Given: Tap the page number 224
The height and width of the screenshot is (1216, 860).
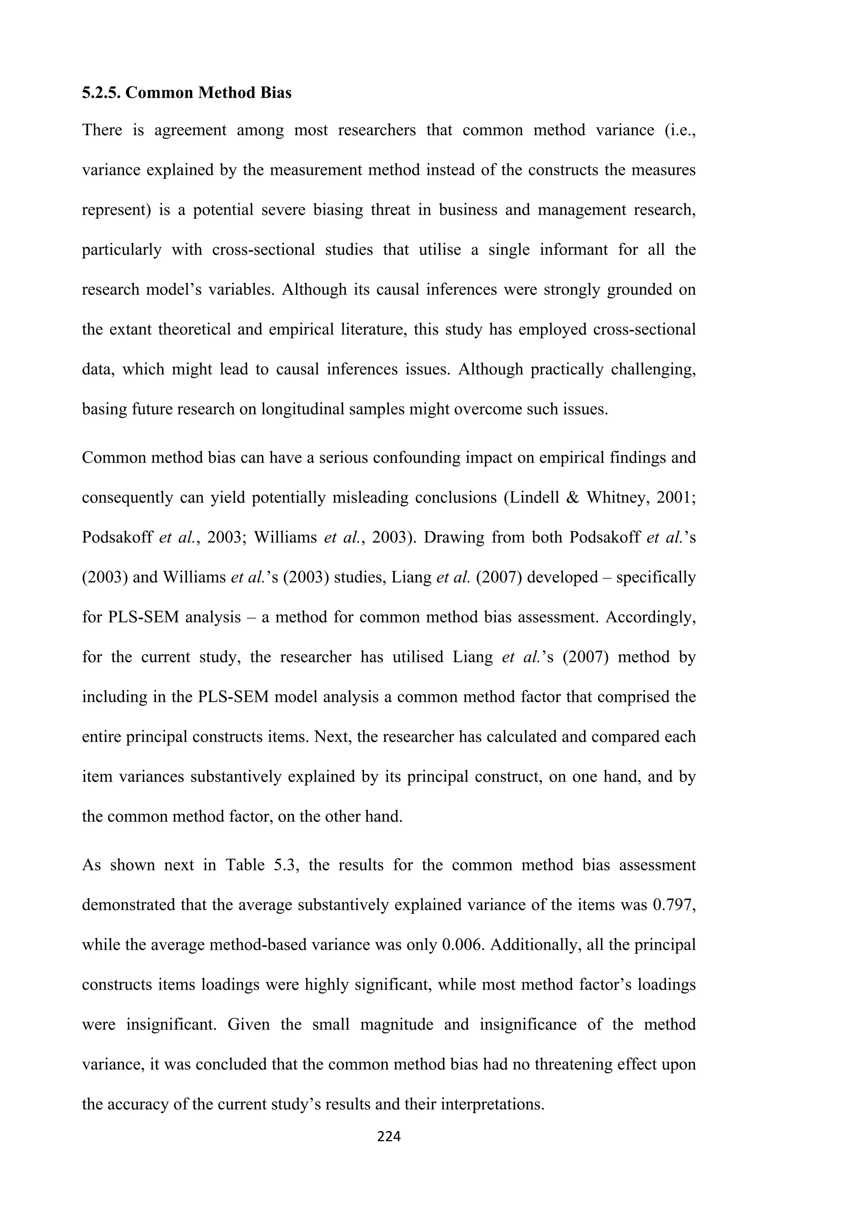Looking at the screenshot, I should (389, 1135).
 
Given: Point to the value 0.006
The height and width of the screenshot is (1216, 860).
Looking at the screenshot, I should (462, 945).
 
